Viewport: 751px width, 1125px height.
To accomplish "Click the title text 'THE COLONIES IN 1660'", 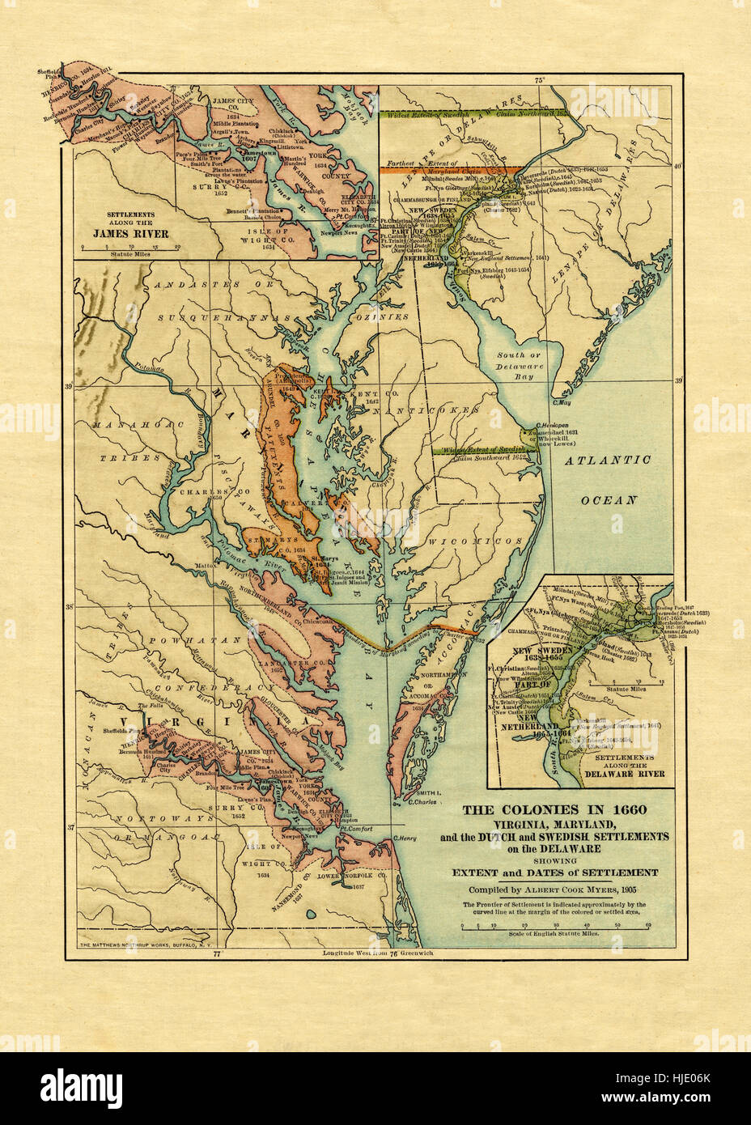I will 554,809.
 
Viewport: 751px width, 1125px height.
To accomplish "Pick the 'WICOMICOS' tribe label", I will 464,540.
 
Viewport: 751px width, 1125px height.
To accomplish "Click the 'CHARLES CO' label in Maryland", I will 201,491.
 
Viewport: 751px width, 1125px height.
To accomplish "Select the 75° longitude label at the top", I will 540,79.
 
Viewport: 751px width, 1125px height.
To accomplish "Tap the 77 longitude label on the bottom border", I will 216,953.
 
